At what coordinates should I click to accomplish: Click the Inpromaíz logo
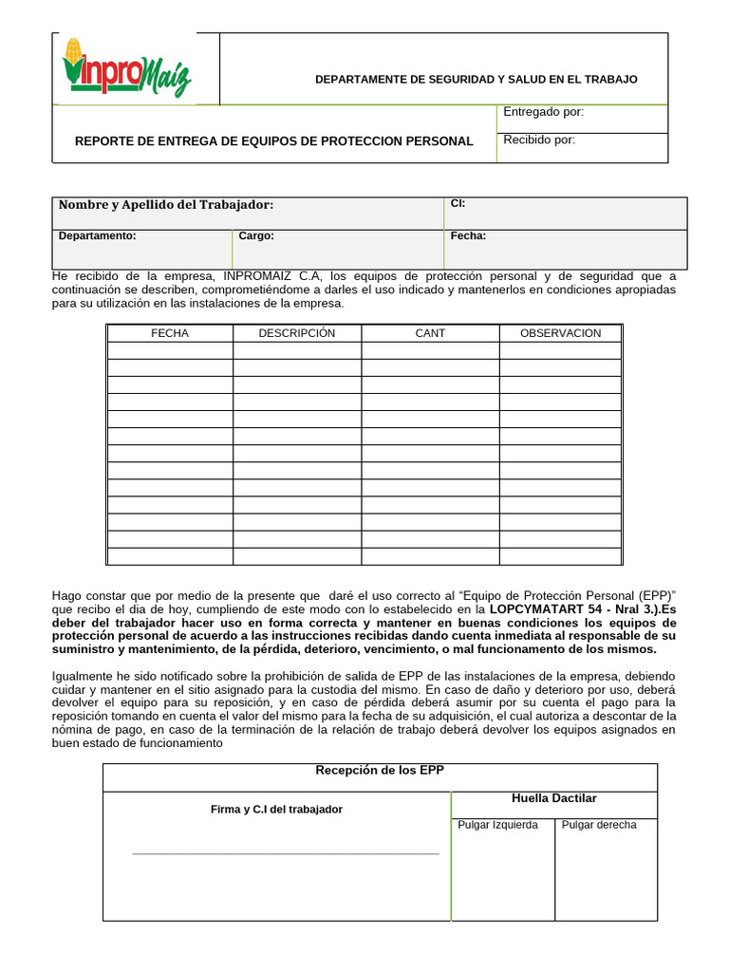coord(126,68)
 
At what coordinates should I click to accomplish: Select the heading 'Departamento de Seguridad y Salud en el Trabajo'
coord(476,79)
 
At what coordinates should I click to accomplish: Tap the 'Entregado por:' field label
coord(543,112)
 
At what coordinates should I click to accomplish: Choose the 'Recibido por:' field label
coord(539,140)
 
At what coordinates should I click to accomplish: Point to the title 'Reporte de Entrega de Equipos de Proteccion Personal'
coord(273,141)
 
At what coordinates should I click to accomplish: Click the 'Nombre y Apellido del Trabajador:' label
coord(166,205)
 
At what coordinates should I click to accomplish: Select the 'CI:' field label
coord(458,203)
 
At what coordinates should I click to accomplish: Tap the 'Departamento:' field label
coord(97,236)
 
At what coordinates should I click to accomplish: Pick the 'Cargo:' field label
coord(255,236)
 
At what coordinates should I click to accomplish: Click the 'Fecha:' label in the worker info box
coord(468,236)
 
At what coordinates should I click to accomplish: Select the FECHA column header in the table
coord(170,333)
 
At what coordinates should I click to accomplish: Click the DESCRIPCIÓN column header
coord(296,333)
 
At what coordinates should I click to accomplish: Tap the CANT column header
coord(429,333)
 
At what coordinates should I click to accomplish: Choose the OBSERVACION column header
coord(560,333)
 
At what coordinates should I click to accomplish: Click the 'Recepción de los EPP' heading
coord(379,770)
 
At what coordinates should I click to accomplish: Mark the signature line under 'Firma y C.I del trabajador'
coord(285,853)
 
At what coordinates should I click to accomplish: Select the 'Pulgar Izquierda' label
coord(497,825)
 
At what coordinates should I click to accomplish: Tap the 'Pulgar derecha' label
coord(599,825)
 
